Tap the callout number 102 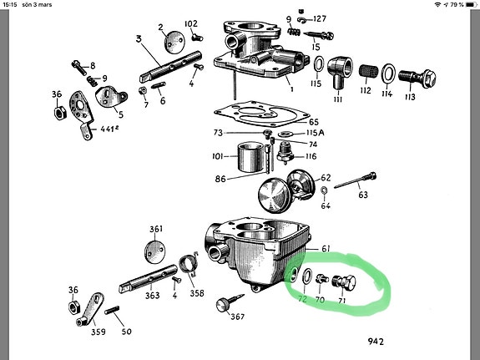(190, 23)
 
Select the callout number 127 (319, 18)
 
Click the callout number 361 (155, 230)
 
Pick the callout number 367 (236, 317)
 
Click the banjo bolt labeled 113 (418, 76)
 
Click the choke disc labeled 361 (158, 250)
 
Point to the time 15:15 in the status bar (12, 6)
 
